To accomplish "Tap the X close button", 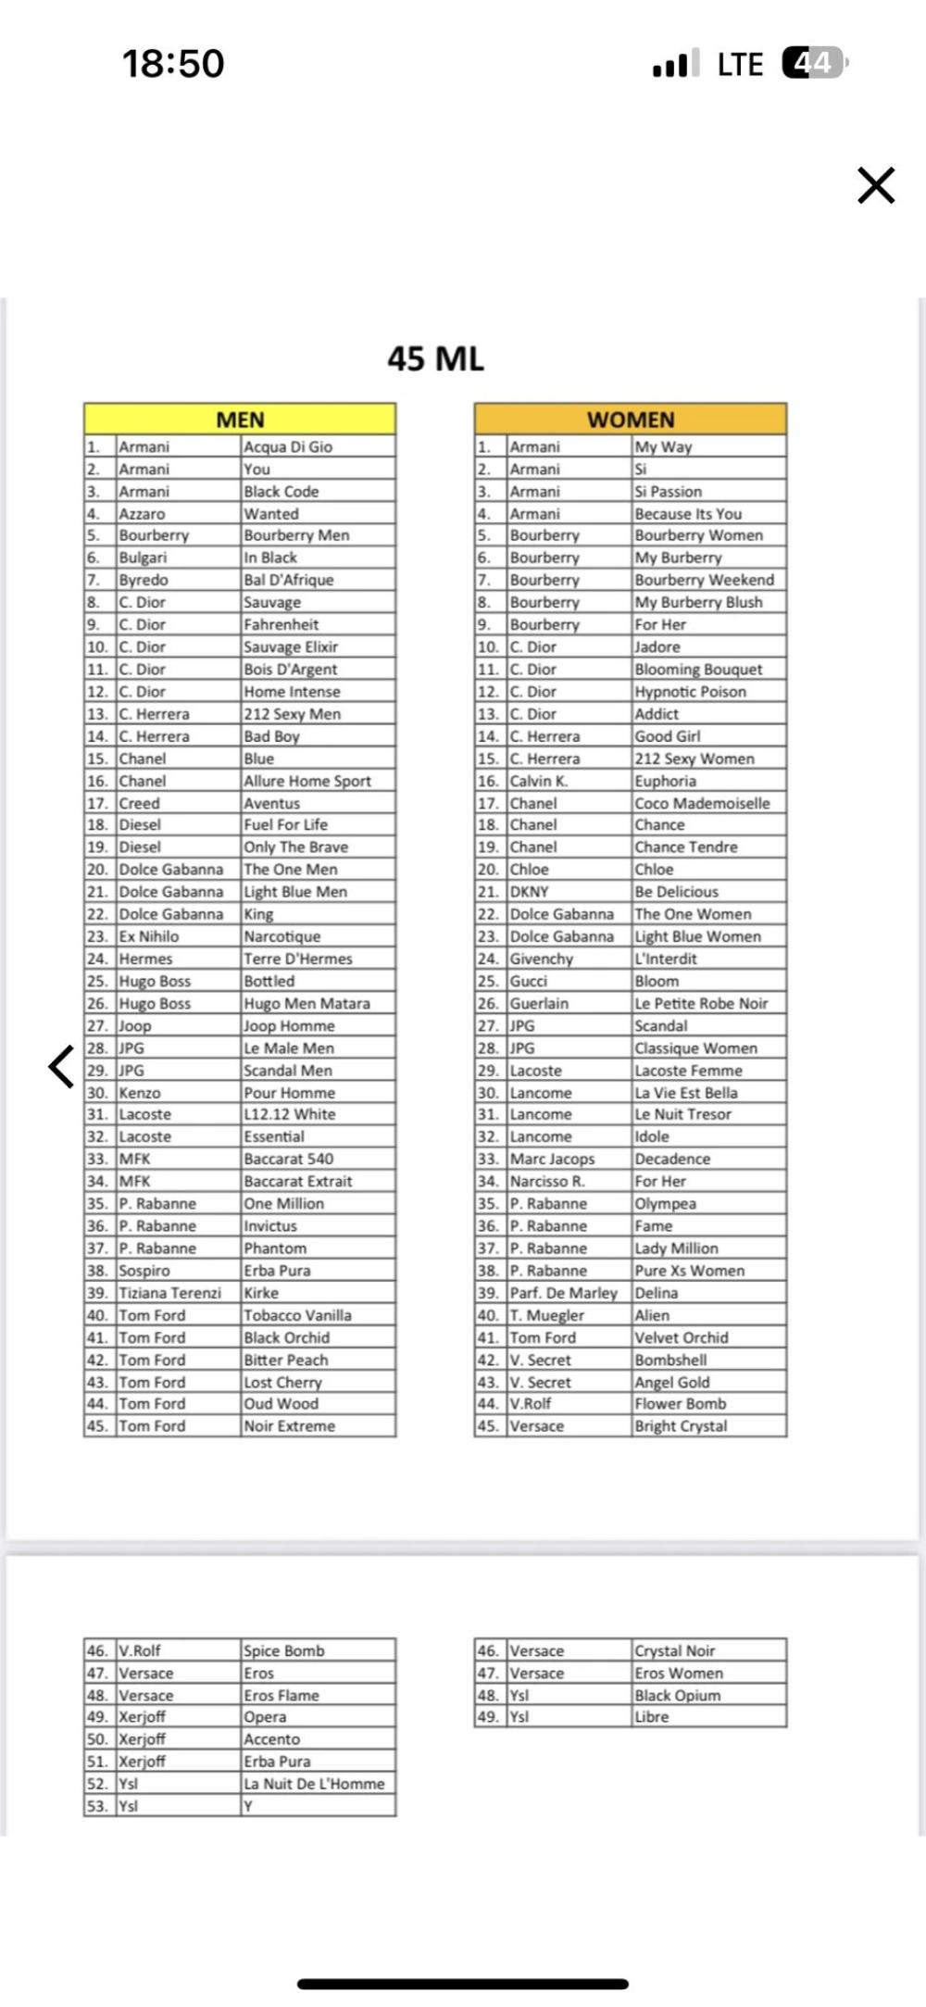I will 875,184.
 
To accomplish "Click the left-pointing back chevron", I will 61,1066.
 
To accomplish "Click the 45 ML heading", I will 435,358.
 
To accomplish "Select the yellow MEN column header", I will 240,420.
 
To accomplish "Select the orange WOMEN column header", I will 631,420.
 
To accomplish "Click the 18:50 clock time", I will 173,63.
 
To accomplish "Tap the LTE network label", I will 740,64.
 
